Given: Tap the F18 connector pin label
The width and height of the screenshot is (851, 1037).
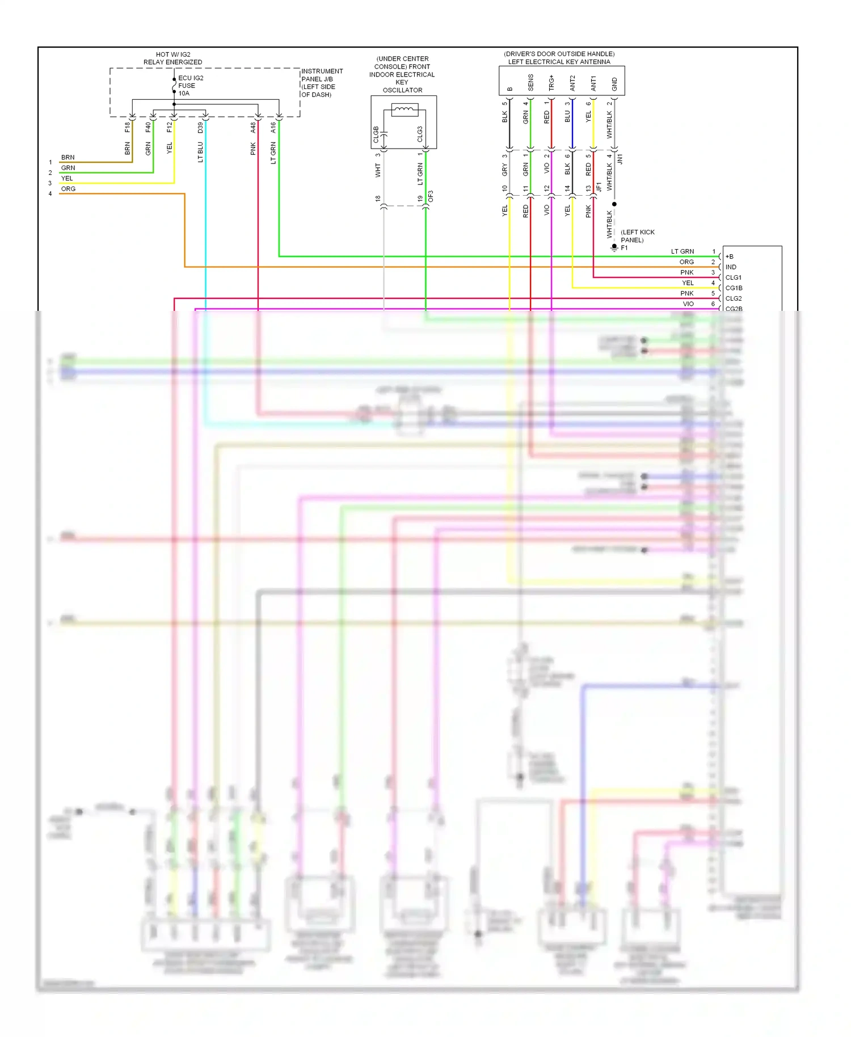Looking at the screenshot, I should tap(128, 127).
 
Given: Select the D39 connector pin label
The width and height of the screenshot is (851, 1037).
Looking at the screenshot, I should tap(200, 128).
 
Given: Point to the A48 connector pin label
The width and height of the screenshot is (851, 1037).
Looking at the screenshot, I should tap(253, 128).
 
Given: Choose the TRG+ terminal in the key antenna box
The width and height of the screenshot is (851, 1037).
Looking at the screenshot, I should tap(551, 83).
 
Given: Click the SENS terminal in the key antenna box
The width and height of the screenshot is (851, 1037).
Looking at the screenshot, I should tap(530, 83).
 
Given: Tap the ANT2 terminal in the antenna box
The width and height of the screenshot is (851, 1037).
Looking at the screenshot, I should tap(572, 83).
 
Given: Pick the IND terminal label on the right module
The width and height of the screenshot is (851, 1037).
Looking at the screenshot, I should tap(731, 267).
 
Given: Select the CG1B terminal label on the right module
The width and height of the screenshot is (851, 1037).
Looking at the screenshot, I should tap(734, 288).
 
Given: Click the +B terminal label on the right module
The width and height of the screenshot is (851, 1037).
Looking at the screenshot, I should tap(730, 256).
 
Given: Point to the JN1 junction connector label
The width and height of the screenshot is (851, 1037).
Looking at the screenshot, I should tap(620, 158).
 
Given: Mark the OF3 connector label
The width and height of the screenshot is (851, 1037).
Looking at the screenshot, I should tap(431, 196).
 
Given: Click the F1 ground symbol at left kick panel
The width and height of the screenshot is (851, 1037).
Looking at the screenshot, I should tap(614, 247).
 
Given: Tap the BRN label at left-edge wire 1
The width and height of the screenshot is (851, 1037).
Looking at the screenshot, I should tap(68, 157).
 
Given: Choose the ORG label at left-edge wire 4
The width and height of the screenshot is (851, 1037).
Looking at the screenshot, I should tap(68, 189).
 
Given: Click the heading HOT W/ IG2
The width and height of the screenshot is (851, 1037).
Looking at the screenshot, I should tap(173, 54).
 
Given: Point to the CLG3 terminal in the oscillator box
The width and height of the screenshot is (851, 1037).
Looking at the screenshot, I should tap(420, 134).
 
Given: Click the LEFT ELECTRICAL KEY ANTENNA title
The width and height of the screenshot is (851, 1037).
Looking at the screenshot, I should tap(559, 62).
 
